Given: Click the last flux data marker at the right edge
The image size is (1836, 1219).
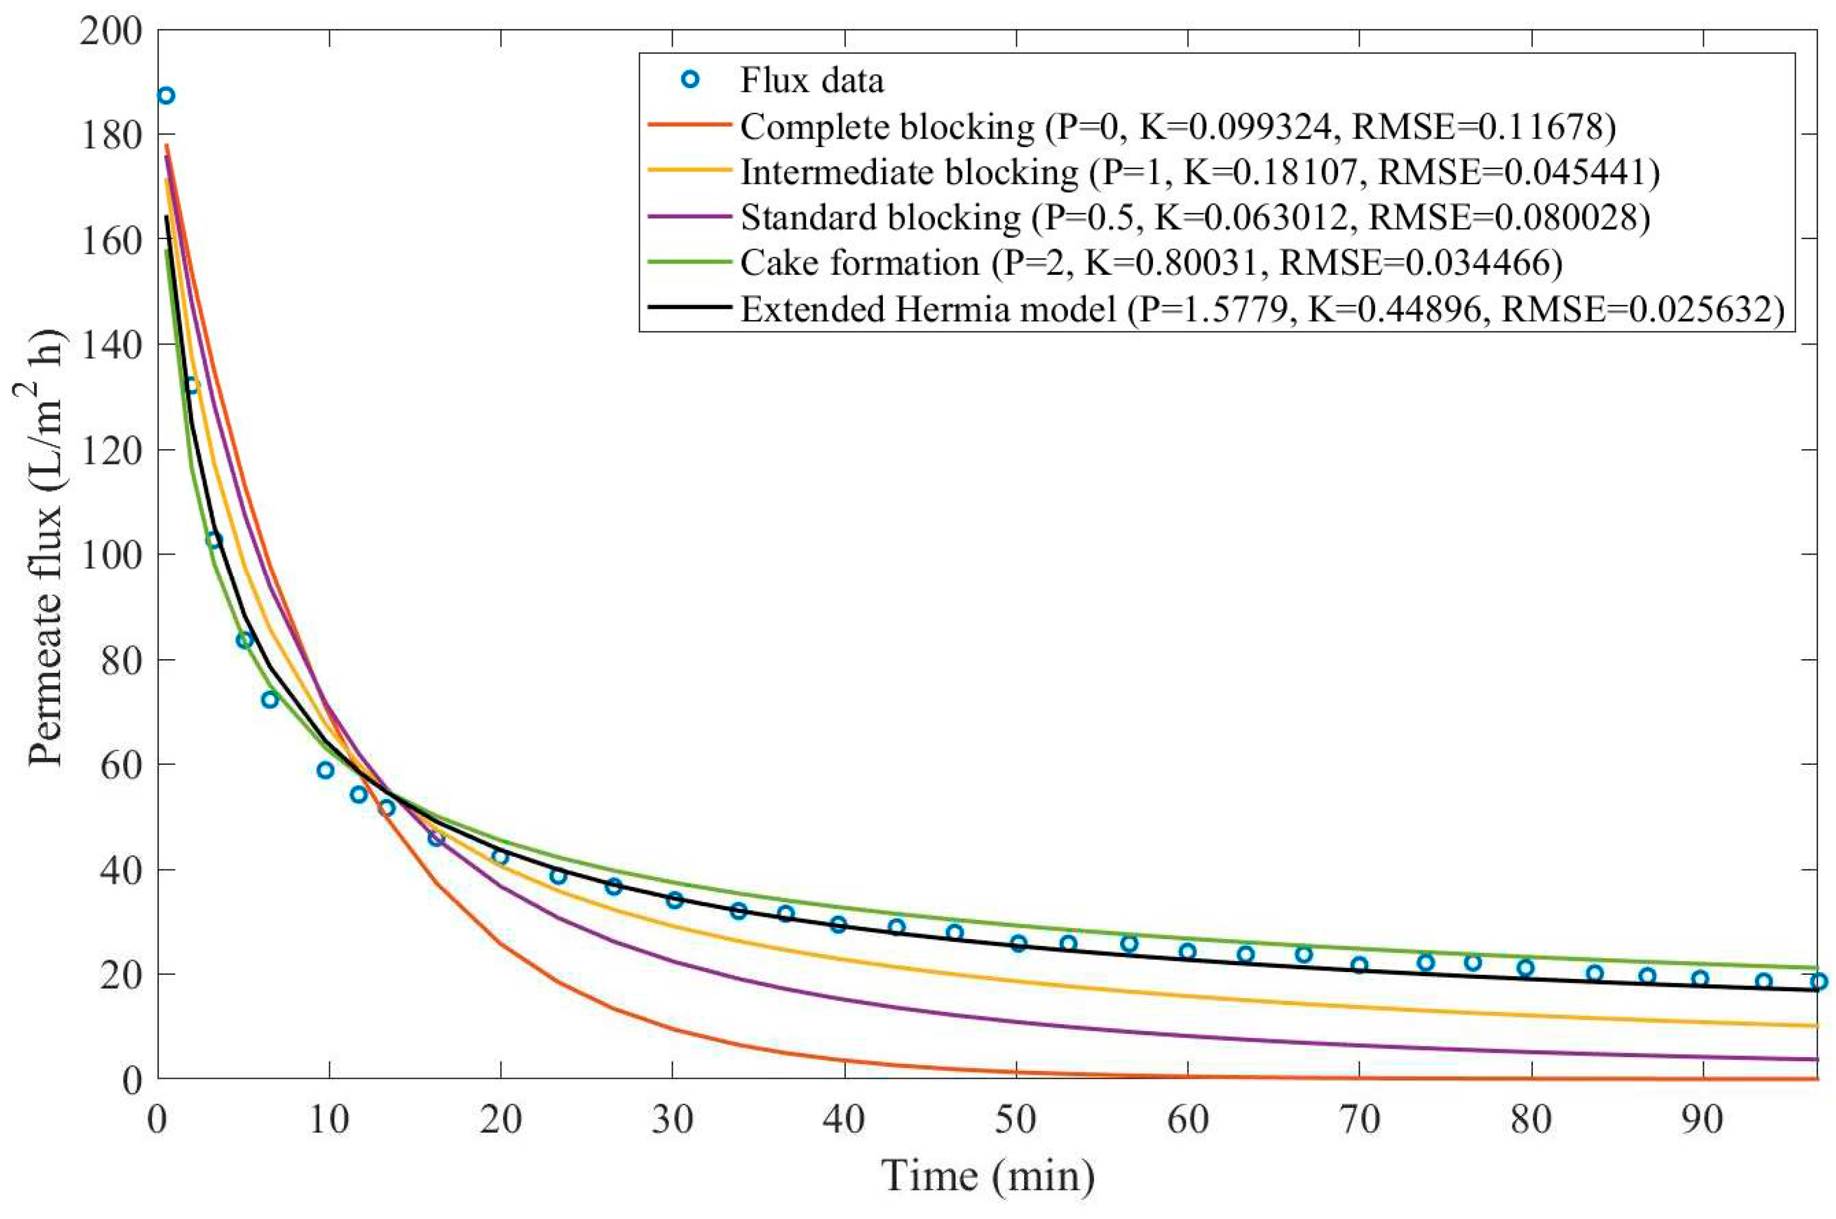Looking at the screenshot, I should click(1817, 981).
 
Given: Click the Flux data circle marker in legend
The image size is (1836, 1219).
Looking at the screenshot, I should click(689, 80).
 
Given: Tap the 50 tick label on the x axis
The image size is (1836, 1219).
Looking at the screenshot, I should click(1016, 1120).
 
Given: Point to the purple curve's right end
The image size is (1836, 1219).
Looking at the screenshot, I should click(1816, 1059).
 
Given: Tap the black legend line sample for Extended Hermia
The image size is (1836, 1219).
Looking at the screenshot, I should click(689, 308).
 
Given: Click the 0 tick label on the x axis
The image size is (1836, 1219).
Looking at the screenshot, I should click(158, 1120).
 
